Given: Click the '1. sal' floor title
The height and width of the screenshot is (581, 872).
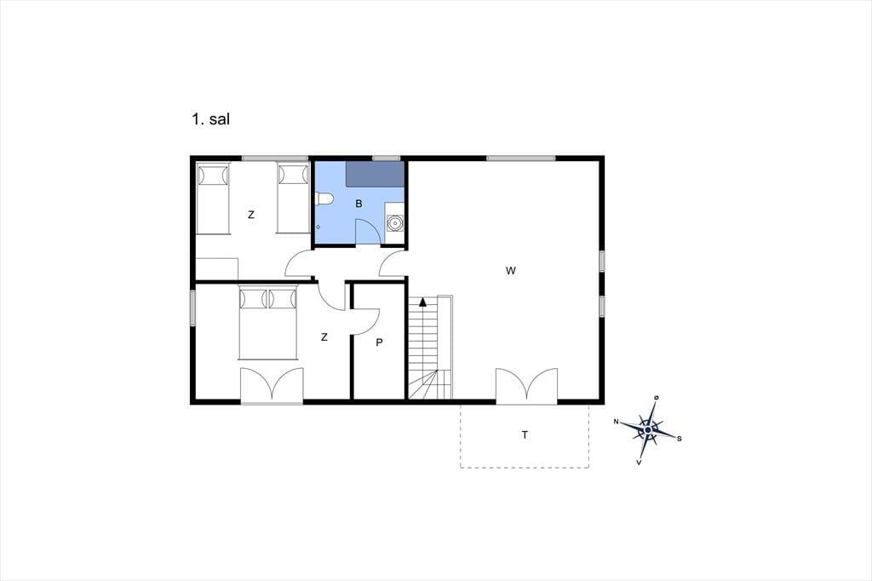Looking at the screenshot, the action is point(211,119).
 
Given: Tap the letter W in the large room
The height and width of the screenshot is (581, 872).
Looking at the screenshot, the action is point(511,271).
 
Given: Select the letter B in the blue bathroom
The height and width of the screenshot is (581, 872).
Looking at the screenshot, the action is point(359,204).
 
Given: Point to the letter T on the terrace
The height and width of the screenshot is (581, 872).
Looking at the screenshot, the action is point(525,435).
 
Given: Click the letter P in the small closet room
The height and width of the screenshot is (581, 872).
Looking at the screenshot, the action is point(379,342).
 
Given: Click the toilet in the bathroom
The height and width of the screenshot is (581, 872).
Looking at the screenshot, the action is point(324,198).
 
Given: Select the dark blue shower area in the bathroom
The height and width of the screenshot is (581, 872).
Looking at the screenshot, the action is point(375,174).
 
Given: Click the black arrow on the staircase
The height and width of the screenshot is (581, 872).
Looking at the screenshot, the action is point(422,302).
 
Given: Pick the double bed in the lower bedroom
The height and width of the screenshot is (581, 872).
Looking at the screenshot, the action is point(267,323).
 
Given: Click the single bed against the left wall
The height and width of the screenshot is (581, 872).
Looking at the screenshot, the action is point(213,198).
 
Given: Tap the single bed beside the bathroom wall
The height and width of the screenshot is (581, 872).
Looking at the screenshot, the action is point(293,198).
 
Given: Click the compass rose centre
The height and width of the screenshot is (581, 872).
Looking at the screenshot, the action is point(648,430).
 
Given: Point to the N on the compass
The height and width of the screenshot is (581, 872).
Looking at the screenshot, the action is point(617,422).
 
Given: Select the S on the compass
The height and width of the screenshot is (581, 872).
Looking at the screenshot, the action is point(679,439).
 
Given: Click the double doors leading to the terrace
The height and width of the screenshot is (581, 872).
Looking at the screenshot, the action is point(526,386).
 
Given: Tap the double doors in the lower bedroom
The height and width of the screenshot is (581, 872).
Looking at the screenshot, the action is point(272,385).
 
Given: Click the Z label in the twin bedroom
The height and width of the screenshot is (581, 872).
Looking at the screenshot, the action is point(251,215).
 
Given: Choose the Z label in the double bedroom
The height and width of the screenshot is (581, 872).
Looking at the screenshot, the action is point(324,337).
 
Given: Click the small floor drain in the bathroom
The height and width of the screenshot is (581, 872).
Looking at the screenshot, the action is point(318,227).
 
